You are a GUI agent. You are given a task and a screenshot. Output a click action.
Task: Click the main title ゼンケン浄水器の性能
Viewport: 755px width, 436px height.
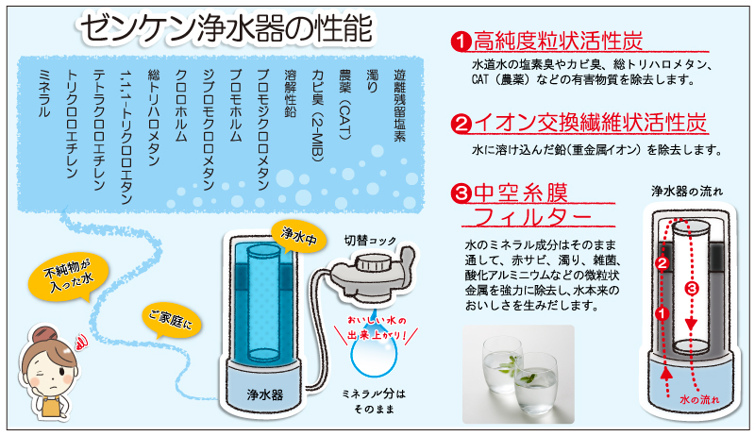(x=226, y=28)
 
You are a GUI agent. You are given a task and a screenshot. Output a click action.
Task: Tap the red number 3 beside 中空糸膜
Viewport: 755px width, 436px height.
(x=461, y=193)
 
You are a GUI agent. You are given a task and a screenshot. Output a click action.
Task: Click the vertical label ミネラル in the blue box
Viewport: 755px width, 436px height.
(x=43, y=93)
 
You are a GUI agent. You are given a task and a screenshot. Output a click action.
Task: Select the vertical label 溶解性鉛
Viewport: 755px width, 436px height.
(x=290, y=93)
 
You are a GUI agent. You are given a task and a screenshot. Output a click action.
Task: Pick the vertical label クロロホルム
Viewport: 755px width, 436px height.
(x=180, y=106)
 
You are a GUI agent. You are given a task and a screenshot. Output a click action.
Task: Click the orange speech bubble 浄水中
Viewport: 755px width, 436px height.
(x=298, y=235)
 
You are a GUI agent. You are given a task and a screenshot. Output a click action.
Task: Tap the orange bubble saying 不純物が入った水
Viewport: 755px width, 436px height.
(x=68, y=277)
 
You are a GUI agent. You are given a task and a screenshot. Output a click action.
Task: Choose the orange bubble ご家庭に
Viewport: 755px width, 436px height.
(x=171, y=320)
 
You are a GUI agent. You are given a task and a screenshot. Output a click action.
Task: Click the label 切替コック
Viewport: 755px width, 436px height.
(x=370, y=240)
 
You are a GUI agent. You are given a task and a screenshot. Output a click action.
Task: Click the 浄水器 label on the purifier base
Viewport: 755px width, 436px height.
(x=264, y=395)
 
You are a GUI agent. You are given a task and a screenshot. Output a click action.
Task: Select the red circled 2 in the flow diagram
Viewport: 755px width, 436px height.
(x=663, y=262)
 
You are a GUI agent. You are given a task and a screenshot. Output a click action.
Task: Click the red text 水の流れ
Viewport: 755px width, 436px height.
(x=699, y=400)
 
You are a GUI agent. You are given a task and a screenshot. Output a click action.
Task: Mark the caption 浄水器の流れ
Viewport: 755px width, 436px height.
(x=687, y=192)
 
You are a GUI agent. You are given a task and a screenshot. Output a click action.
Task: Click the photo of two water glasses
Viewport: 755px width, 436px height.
(x=518, y=375)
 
